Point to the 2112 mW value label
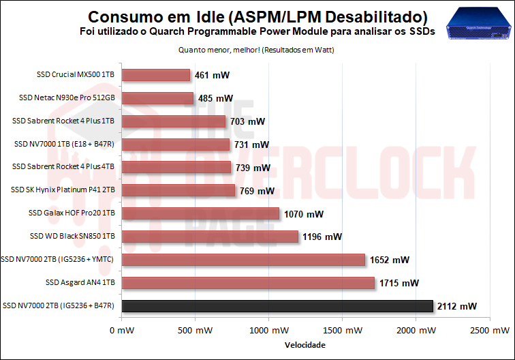coord(457,306)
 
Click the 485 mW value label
coord(215,98)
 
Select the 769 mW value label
coord(257,191)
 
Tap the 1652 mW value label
coord(389,260)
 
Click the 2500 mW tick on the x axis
coord(490,331)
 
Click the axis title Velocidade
coord(305,345)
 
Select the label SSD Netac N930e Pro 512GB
coord(67,97)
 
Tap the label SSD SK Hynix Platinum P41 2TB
coord(63,190)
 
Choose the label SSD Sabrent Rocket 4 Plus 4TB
coord(63,167)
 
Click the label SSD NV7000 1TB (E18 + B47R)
coord(65,144)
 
